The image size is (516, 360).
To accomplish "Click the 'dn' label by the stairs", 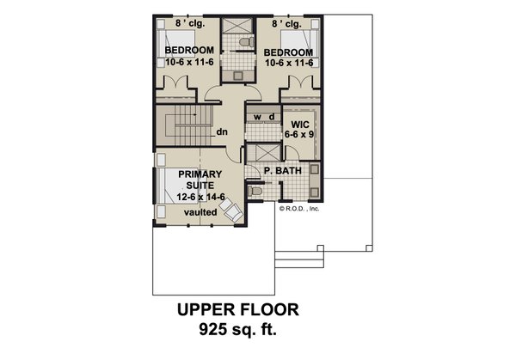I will click(222, 132).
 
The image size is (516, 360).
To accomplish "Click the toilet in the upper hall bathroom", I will click(243, 40).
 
